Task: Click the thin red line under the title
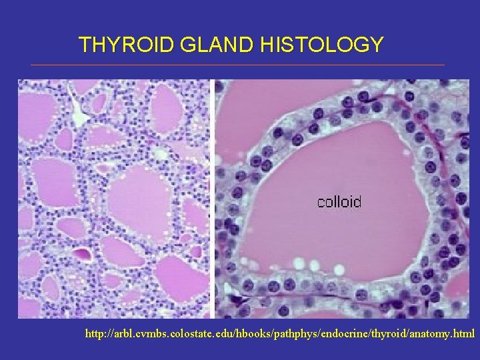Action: click(237, 65)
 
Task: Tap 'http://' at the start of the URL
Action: click(99, 333)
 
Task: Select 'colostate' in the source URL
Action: click(181, 333)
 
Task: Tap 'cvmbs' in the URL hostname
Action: click(147, 333)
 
